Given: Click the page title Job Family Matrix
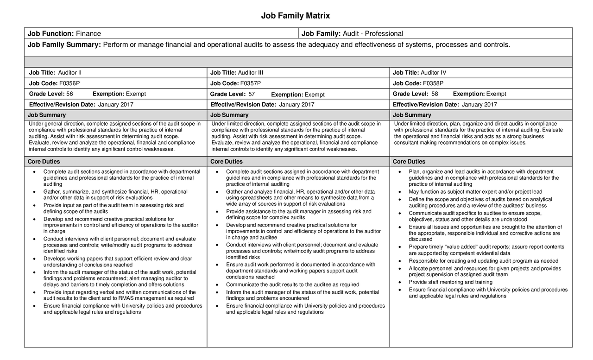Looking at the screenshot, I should (296, 16).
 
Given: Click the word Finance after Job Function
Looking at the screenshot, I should (88, 33).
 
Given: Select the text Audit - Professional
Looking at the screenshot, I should (373, 33).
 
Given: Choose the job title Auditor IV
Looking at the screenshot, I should (433, 73).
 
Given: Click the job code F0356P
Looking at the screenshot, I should (69, 83).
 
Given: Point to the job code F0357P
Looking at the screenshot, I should (250, 83).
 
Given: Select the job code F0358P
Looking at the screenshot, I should (433, 83).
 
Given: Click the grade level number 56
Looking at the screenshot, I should (69, 94).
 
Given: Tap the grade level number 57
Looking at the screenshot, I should (252, 94).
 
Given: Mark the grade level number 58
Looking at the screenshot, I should (435, 94).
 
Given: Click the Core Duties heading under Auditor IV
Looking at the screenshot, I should (409, 162).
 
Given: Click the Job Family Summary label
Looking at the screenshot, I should (64, 44).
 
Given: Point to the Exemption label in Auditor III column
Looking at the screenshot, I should (287, 95).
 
